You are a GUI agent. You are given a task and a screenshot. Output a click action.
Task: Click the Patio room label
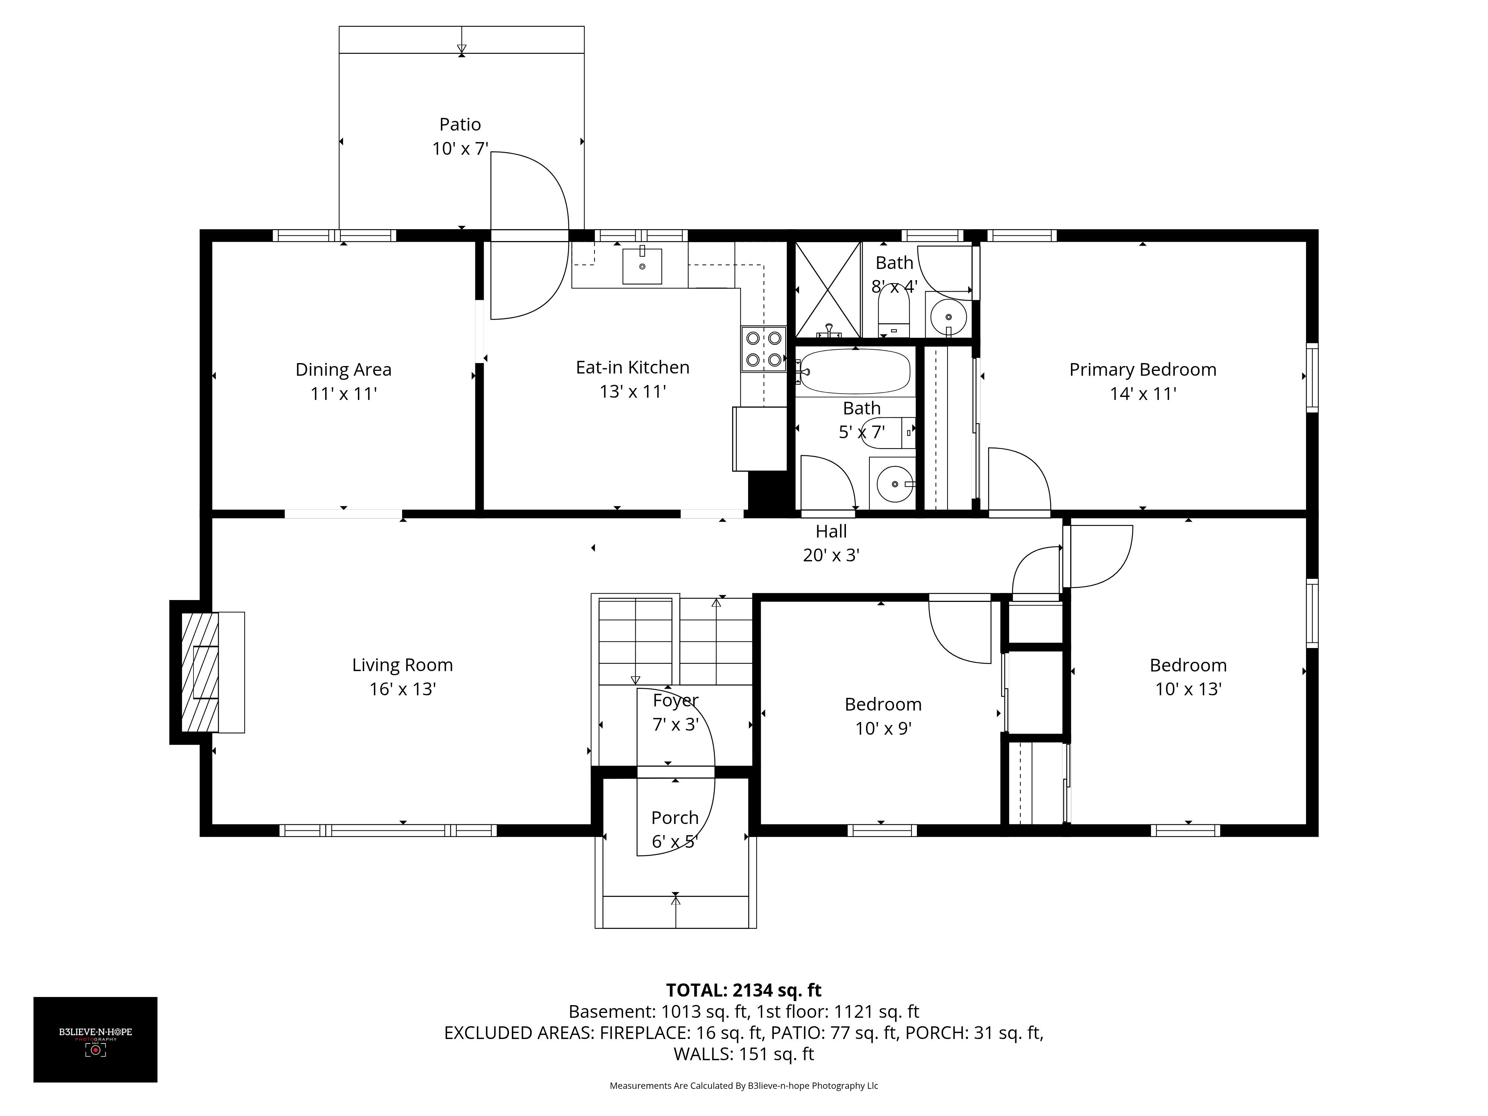click(x=460, y=125)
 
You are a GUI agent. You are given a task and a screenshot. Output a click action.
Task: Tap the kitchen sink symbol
click(x=642, y=266)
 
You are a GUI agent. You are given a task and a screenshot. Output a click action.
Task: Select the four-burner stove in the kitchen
click(x=763, y=349)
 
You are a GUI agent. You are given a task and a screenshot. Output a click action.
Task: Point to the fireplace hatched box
click(x=200, y=671)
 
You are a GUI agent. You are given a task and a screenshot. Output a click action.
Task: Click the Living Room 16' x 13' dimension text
click(x=402, y=689)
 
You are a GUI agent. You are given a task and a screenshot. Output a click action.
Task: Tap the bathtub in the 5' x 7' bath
click(x=854, y=371)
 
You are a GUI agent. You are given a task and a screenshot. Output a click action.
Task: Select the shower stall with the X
click(x=827, y=289)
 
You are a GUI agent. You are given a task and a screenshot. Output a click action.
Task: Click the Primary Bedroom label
click(x=1142, y=369)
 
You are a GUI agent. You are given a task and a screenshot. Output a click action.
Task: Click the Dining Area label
click(x=343, y=369)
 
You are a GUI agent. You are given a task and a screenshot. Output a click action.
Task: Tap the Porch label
click(x=675, y=817)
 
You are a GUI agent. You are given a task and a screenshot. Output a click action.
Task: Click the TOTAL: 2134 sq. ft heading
click(x=743, y=990)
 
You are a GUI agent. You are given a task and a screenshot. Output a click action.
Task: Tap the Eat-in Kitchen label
click(x=632, y=367)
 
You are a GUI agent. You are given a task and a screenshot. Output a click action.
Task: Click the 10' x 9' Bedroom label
click(x=883, y=704)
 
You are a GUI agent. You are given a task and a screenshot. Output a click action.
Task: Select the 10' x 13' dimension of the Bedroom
click(x=1188, y=689)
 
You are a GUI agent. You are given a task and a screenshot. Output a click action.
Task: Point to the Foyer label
click(x=676, y=700)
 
